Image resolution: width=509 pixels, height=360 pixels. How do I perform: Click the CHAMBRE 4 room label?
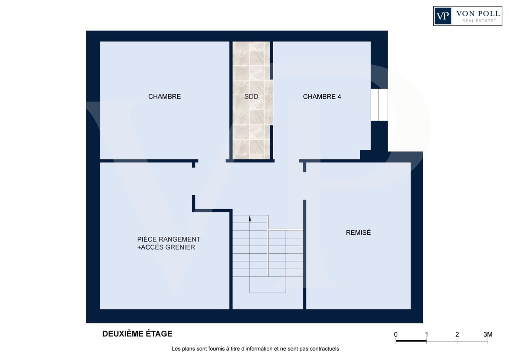pyautogui.click(x=322, y=97)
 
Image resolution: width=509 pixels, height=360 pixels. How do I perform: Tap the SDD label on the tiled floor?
pyautogui.click(x=251, y=97)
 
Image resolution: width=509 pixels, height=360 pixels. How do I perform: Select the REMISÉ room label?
pyautogui.click(x=358, y=232)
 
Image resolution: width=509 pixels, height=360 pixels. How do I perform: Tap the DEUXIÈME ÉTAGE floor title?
pyautogui.click(x=137, y=334)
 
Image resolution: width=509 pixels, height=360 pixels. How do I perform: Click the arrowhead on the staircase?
pyautogui.click(x=250, y=218)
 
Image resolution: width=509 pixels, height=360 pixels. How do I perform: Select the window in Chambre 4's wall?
pyautogui.click(x=379, y=105)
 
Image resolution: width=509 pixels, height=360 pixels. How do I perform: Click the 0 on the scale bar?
pyautogui.click(x=396, y=335)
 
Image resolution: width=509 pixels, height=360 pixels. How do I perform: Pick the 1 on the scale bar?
pyautogui.click(x=427, y=335)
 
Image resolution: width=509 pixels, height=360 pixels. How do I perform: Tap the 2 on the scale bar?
pyautogui.click(x=457, y=335)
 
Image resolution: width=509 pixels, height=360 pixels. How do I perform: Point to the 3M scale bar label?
pyautogui.click(x=488, y=335)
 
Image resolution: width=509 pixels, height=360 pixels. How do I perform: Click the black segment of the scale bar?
pyautogui.click(x=411, y=341)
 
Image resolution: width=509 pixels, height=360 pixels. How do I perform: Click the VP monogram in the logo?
pyautogui.click(x=442, y=16)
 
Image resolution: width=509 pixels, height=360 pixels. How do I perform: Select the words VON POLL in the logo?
pyautogui.click(x=478, y=14)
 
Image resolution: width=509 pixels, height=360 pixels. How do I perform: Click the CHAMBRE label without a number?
pyautogui.click(x=165, y=97)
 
